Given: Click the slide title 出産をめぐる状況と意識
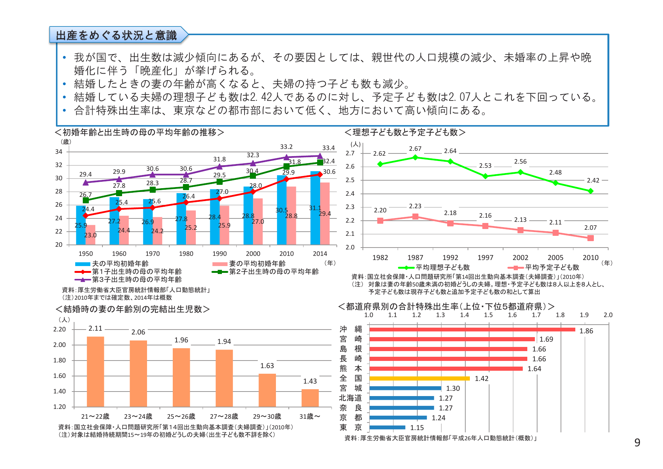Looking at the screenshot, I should click(x=116, y=35).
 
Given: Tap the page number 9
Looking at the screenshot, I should click(x=637, y=443).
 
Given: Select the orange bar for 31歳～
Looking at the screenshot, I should click(x=310, y=398).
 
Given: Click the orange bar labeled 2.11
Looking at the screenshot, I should click(x=95, y=371).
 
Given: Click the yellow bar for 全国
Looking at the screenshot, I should click(x=419, y=378).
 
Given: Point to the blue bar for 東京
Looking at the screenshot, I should click(x=387, y=427).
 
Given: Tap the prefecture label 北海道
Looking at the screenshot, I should click(x=350, y=398).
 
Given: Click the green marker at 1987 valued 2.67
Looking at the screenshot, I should click(x=415, y=157).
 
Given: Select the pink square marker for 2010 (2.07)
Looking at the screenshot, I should click(x=590, y=238).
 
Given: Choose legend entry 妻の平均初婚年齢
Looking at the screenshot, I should click(x=257, y=263).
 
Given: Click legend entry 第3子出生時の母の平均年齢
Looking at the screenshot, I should click(x=136, y=279).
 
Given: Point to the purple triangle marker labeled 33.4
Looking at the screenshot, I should click(x=320, y=156).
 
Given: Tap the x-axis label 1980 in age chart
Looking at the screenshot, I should click(x=186, y=254).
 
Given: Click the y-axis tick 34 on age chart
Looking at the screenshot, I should click(x=59, y=152).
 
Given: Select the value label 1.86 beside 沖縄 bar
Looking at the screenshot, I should click(x=586, y=331).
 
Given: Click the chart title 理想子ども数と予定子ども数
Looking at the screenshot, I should click(x=405, y=132).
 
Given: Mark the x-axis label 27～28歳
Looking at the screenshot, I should click(x=224, y=416).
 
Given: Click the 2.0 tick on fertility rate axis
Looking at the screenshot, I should click(x=608, y=315).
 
